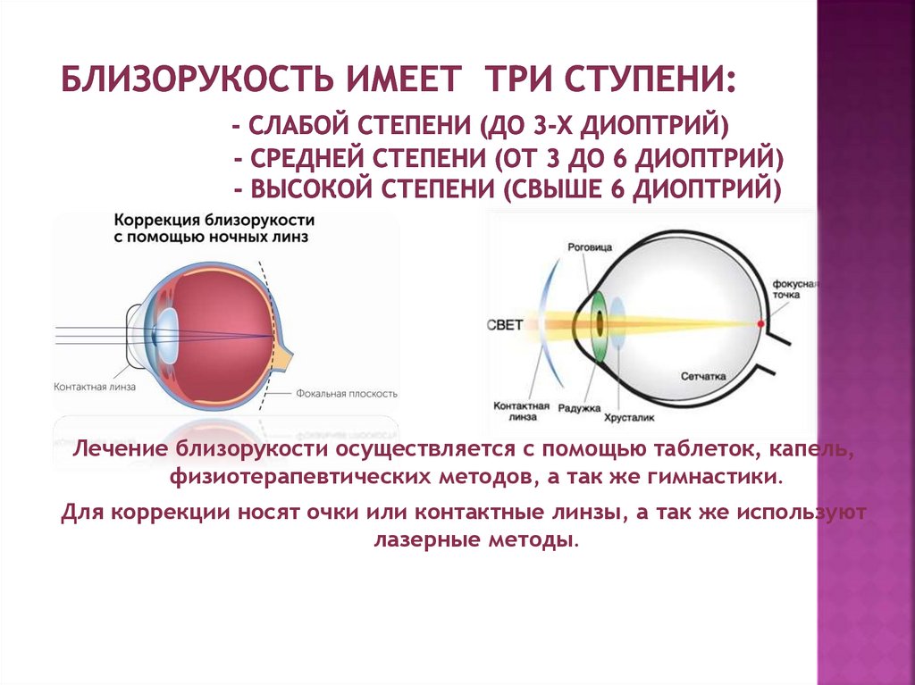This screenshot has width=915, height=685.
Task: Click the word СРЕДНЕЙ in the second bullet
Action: [x=309, y=157]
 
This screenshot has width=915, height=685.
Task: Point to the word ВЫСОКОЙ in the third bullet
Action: [x=310, y=189]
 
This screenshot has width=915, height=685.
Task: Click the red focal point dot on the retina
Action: [x=760, y=323]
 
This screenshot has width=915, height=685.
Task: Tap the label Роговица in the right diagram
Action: [x=590, y=247]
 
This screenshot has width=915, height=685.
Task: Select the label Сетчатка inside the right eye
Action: [x=703, y=376]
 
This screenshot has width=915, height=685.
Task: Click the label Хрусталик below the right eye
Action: [x=629, y=418]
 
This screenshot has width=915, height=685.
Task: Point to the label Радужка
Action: [x=579, y=408]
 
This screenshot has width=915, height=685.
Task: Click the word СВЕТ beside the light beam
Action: [x=506, y=325]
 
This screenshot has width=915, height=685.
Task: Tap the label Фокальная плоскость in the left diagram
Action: [x=347, y=394]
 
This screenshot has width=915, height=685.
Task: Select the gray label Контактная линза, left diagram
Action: [x=95, y=387]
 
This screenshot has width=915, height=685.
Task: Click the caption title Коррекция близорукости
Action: [x=214, y=221]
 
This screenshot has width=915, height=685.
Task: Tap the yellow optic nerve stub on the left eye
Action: [x=283, y=357]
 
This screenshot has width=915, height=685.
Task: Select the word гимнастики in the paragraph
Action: [x=713, y=477]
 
